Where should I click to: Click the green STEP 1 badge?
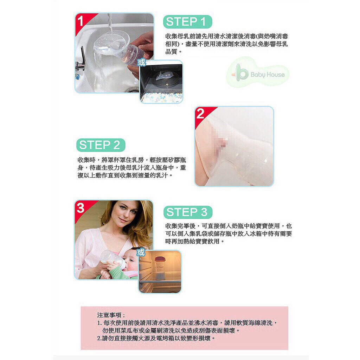pyautogui.click(x=187, y=22)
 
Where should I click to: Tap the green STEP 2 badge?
pyautogui.click(x=101, y=145)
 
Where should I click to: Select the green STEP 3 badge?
pyautogui.click(x=188, y=212)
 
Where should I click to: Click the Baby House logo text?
pyautogui.click(x=268, y=75)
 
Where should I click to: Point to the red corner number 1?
pyautogui.click(x=81, y=21)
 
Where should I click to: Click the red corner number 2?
pyautogui.click(x=200, y=114)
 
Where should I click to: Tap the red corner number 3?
pyautogui.click(x=81, y=207)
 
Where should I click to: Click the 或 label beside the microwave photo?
pyautogui.click(x=142, y=62)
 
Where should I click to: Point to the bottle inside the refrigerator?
pyautogui.click(x=162, y=268)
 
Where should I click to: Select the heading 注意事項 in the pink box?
pyautogui.click(x=111, y=315)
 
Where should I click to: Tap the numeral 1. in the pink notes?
pyautogui.click(x=99, y=323)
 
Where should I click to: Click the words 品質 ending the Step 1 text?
pyautogui.click(x=171, y=52)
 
